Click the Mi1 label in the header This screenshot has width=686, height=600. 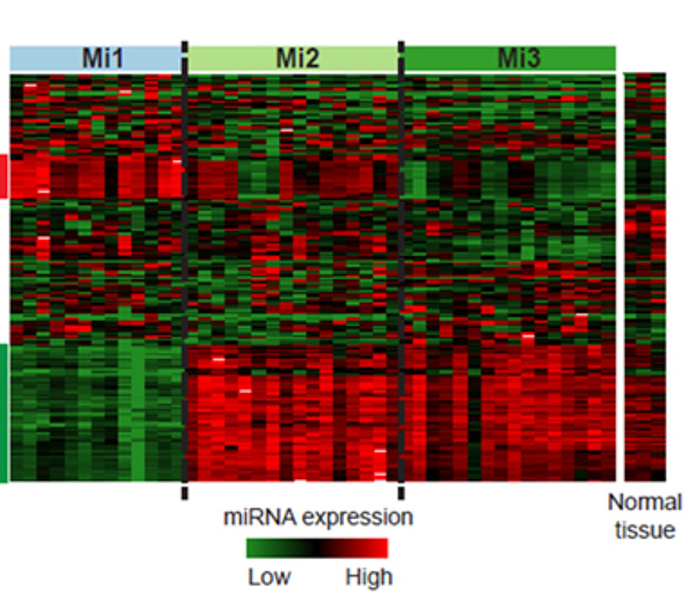click(102, 58)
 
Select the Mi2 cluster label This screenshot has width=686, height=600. click(297, 58)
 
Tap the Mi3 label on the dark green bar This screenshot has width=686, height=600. click(519, 58)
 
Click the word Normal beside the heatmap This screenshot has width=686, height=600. click(644, 503)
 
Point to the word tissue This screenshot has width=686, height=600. click(644, 530)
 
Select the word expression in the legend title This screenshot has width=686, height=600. click(357, 517)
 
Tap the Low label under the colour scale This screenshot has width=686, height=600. click(269, 577)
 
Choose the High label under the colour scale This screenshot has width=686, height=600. click(368, 577)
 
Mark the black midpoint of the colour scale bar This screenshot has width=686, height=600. click(317, 549)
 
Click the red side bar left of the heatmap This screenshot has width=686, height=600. click(3, 176)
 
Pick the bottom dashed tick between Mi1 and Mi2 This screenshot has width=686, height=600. click(184, 491)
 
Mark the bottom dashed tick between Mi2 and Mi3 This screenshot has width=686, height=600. click(401, 491)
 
